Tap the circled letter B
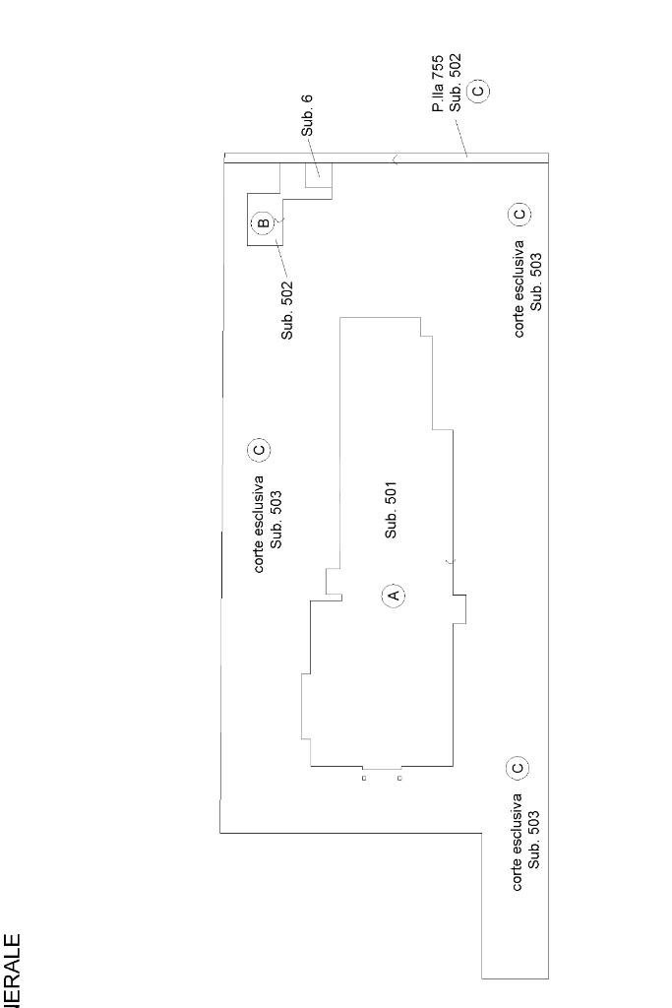click(263, 223)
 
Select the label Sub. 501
click(392, 510)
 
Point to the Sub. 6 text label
click(307, 116)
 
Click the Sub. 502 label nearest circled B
click(287, 310)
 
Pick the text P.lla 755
click(439, 83)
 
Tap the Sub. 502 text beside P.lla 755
click(456, 83)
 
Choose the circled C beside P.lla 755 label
click(478, 90)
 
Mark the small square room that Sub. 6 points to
click(319, 175)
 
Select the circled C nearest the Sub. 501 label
click(259, 450)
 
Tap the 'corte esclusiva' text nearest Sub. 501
click(259, 524)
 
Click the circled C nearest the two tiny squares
click(517, 767)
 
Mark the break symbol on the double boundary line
click(396, 157)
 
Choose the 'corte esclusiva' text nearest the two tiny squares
click(518, 842)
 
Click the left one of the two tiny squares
click(364, 779)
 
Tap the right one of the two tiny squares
click(399, 779)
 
